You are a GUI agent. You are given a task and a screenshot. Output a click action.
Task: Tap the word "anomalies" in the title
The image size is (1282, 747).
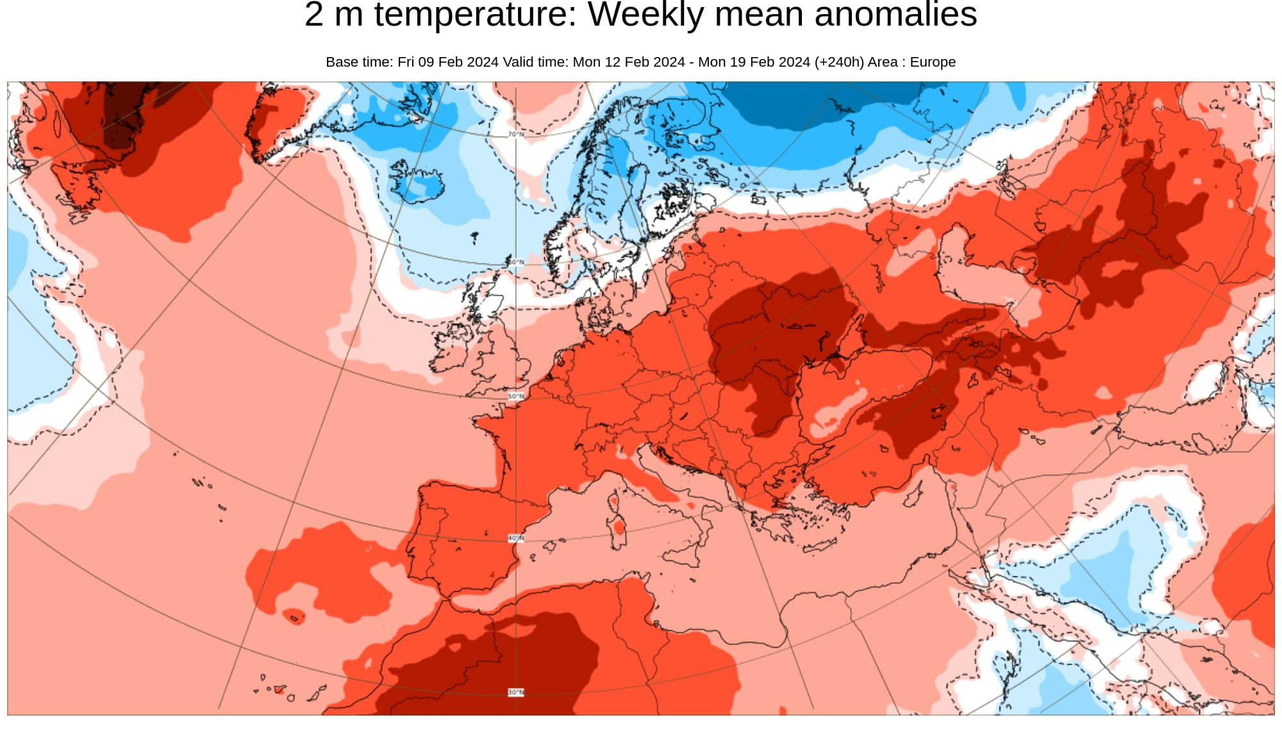895,15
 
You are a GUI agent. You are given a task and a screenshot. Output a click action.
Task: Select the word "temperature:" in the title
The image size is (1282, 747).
476,15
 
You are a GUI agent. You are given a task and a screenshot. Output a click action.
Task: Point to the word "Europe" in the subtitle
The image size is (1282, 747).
933,62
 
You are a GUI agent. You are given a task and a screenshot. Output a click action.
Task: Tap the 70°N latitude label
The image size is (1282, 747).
516,135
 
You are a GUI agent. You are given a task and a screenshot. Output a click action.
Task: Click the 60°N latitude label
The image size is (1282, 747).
516,262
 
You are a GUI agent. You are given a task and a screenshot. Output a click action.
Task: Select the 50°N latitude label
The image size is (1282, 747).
516,396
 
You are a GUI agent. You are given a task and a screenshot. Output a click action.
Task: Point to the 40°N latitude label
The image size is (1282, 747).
516,538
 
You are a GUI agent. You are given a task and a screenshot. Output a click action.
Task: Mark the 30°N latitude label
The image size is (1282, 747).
516,692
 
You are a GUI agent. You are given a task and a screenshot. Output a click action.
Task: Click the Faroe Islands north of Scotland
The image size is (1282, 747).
474,238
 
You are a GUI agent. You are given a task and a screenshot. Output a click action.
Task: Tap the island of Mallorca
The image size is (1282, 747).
550,547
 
